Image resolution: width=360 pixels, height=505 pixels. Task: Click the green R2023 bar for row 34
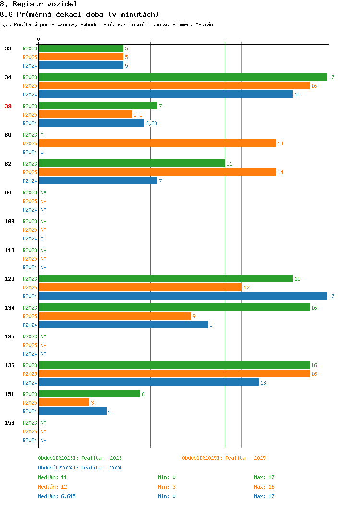click(183, 77)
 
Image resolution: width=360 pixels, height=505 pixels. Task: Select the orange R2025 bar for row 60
click(157, 144)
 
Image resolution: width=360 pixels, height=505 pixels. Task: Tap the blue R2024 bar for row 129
click(183, 296)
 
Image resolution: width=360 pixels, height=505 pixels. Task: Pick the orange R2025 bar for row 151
click(64, 403)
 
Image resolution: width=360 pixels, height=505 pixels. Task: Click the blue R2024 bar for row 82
click(98, 180)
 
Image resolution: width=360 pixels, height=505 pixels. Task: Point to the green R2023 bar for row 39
click(98, 106)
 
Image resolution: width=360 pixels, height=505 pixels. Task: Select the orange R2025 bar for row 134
click(115, 316)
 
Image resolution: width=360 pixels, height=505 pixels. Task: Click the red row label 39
click(8, 106)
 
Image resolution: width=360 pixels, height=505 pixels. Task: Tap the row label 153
click(10, 423)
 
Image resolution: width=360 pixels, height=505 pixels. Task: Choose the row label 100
click(10, 221)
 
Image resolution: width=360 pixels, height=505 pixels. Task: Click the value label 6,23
click(151, 123)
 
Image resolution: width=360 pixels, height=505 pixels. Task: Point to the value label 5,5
click(138, 115)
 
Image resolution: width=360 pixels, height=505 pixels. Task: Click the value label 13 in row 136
click(263, 383)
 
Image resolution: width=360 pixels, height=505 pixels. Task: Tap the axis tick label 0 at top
click(39, 39)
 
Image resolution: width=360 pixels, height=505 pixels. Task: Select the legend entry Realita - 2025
click(245, 458)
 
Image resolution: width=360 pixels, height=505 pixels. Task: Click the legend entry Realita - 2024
click(101, 468)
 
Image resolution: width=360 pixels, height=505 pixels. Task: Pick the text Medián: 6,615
click(57, 496)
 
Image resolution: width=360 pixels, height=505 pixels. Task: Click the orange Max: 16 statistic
click(264, 487)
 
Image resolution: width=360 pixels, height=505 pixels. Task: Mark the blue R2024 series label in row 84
click(30, 210)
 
